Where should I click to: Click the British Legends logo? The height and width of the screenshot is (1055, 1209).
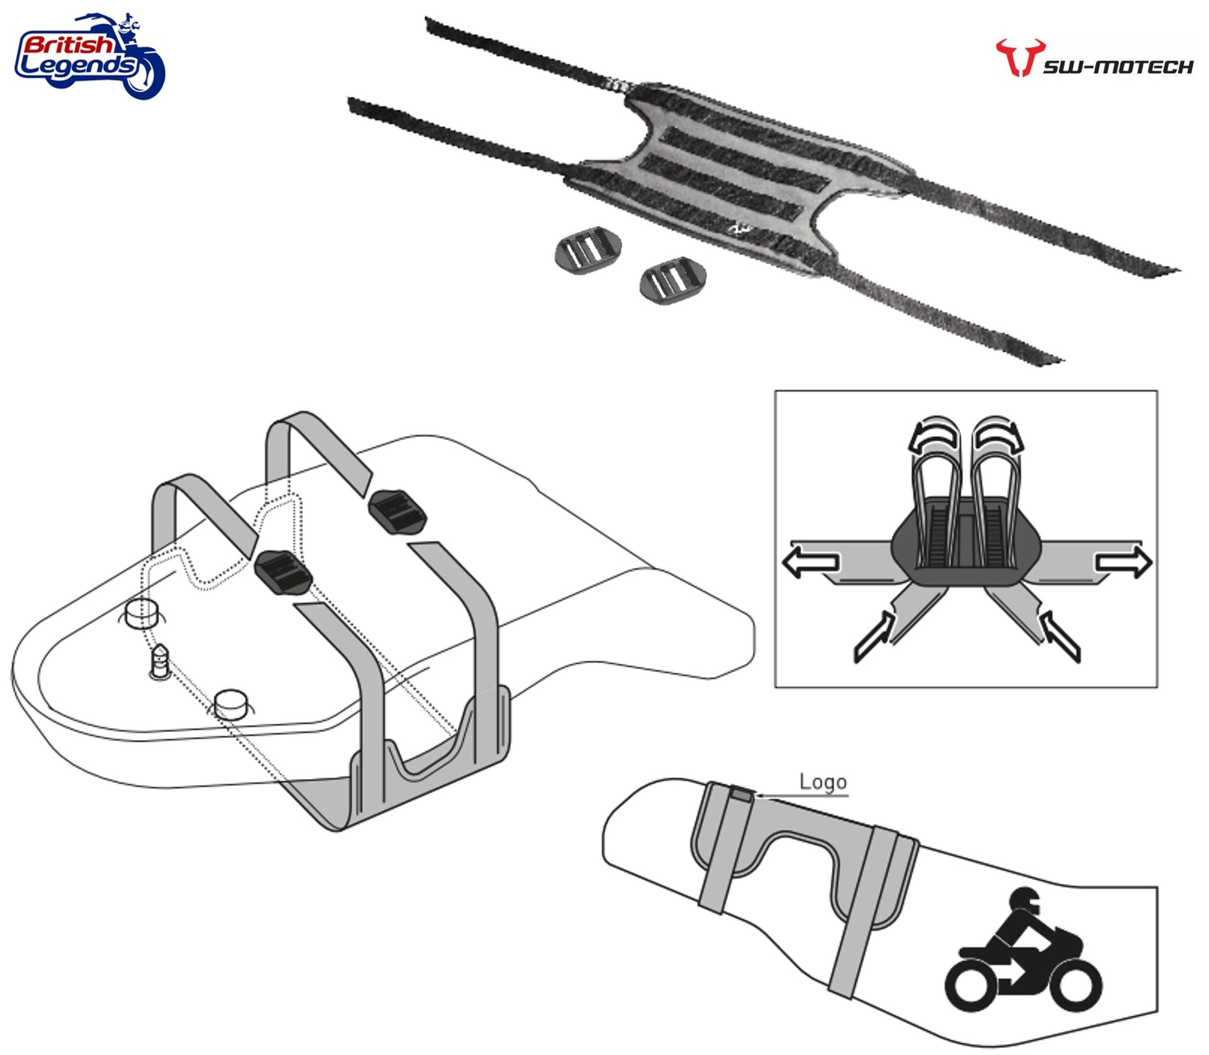[x=90, y=56]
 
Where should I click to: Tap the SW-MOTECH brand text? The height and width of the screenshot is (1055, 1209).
[x=1118, y=67]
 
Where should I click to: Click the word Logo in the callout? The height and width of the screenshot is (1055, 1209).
[x=823, y=782]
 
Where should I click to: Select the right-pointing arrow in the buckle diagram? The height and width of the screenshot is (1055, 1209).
[x=1123, y=561]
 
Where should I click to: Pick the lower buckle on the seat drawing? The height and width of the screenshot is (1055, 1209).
[x=283, y=572]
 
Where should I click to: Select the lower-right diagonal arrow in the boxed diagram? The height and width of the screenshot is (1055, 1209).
[x=1059, y=636]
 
